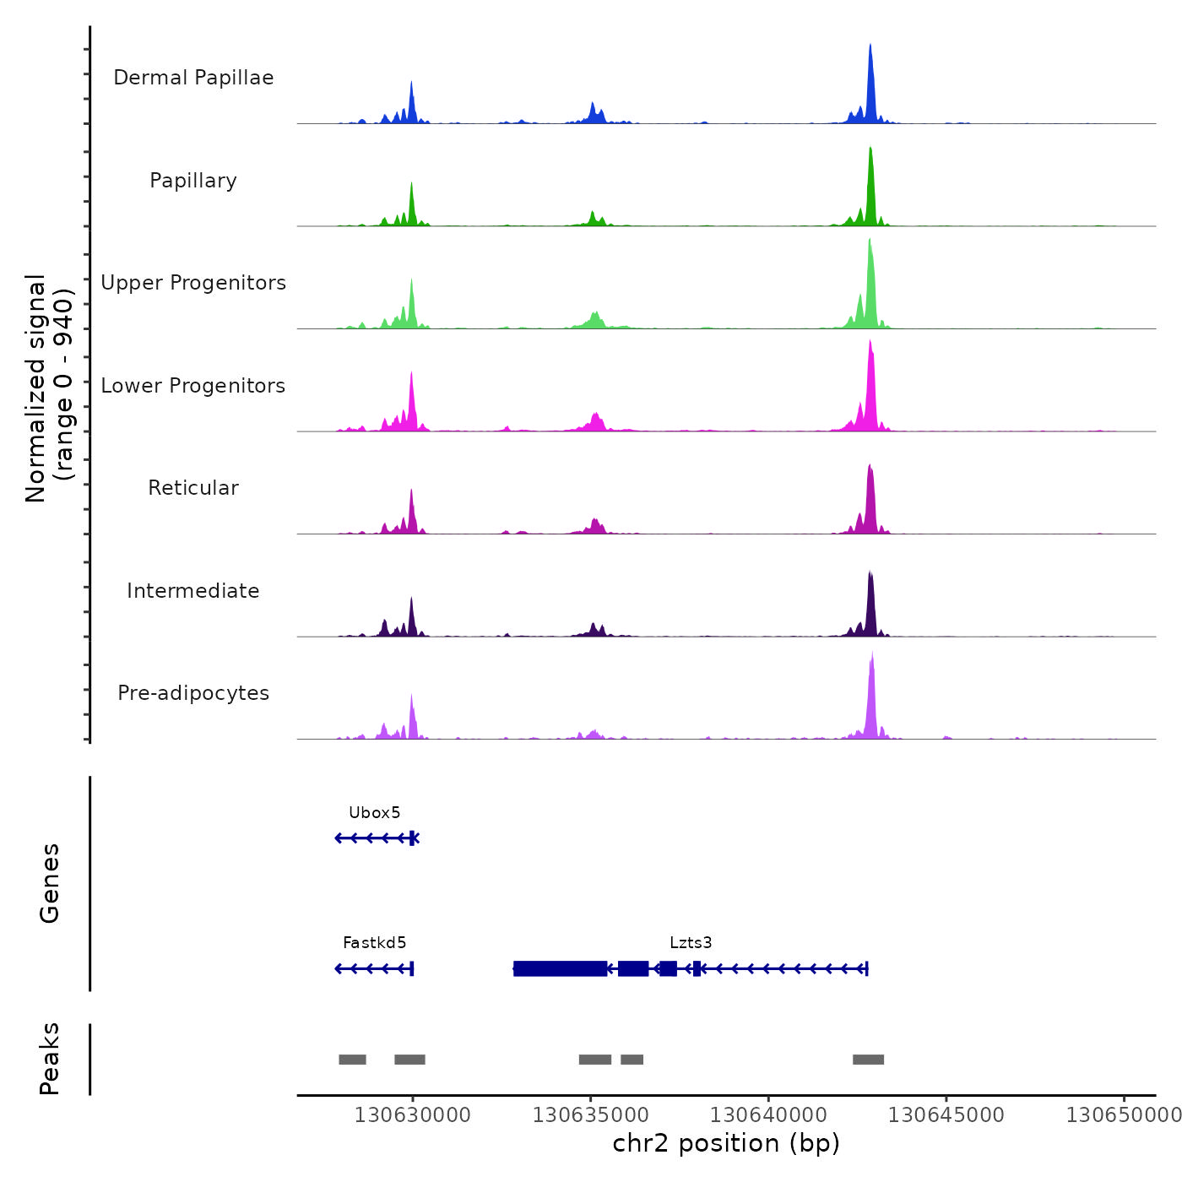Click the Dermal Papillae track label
193,78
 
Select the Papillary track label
193,181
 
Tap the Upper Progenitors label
193,283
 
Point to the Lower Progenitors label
193,386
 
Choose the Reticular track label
193,488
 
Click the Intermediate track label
193,591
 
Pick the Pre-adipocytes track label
193,693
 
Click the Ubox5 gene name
375,813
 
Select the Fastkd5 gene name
375,943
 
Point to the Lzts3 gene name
691,943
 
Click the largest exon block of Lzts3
560,968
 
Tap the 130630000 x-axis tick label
413,1115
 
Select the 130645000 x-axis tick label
946,1115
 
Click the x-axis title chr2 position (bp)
726,1144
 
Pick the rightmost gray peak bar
868,1060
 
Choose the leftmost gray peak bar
352,1060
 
